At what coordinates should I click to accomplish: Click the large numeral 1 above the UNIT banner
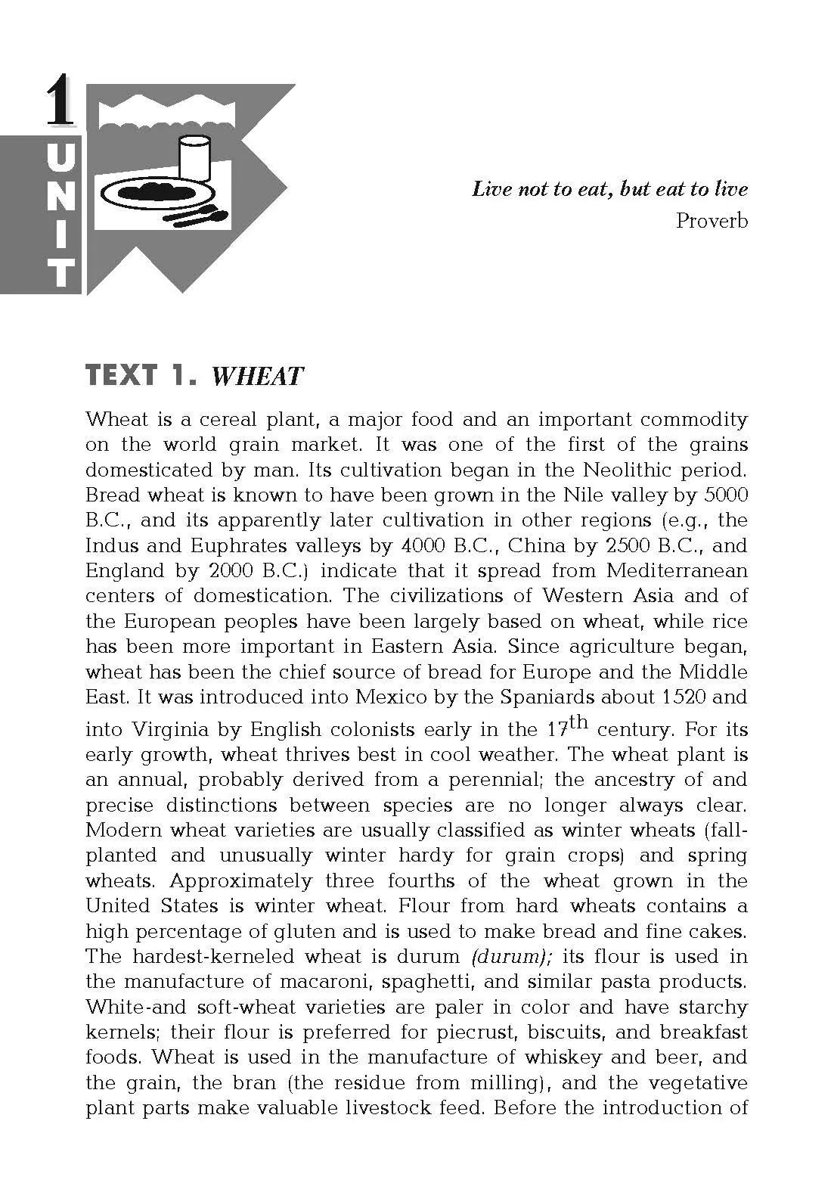(x=60, y=101)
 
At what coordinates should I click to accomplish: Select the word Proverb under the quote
(x=712, y=221)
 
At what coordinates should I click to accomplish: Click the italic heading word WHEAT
(x=257, y=376)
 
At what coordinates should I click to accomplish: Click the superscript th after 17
(x=578, y=722)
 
